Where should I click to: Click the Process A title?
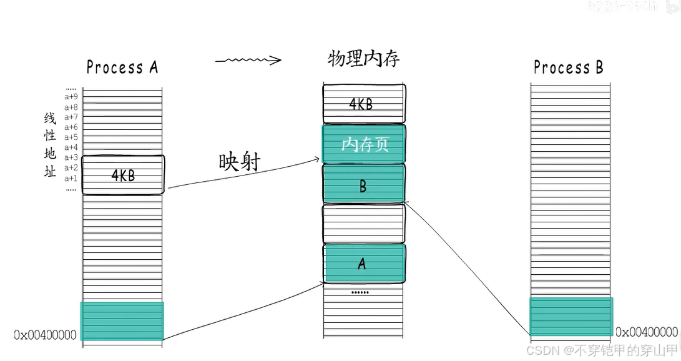point(122,67)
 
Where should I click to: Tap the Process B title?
point(569,67)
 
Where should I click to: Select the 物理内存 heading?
point(363,59)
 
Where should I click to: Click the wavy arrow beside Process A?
point(248,61)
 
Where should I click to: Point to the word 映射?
point(239,161)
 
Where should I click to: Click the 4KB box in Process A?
point(123,176)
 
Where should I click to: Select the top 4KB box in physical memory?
point(363,103)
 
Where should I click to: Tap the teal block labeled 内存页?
point(364,144)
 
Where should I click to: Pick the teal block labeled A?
point(364,263)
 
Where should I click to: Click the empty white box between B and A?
point(364,224)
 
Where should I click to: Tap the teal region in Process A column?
point(122,321)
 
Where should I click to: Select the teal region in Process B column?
point(571,317)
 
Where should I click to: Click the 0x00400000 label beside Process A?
point(45,335)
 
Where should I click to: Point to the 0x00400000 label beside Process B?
point(647,332)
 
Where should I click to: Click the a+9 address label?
point(71,97)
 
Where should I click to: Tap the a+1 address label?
point(71,178)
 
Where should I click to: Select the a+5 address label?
point(71,137)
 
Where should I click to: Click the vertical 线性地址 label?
point(50,145)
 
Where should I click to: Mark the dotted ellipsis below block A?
point(360,292)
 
